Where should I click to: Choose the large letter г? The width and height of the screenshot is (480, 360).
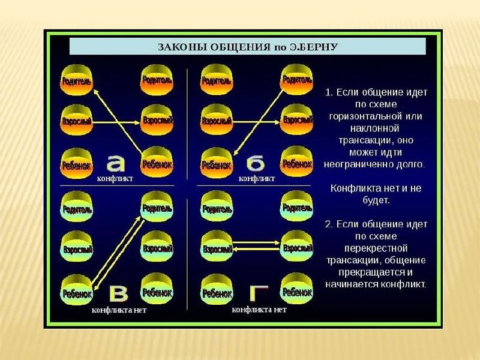[259, 293]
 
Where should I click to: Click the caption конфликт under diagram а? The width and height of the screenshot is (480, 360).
[115, 178]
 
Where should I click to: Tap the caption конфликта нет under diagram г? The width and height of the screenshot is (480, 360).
[259, 310]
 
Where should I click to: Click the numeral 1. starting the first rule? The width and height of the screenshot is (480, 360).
[329, 92]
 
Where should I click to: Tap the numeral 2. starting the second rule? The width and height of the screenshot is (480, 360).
[329, 224]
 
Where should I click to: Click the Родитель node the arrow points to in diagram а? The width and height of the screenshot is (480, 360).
[76, 80]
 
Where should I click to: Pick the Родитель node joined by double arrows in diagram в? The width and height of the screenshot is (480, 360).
[157, 208]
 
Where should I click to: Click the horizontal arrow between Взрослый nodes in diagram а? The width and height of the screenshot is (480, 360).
[117, 122]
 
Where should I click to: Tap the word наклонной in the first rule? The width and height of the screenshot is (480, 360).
[375, 128]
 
